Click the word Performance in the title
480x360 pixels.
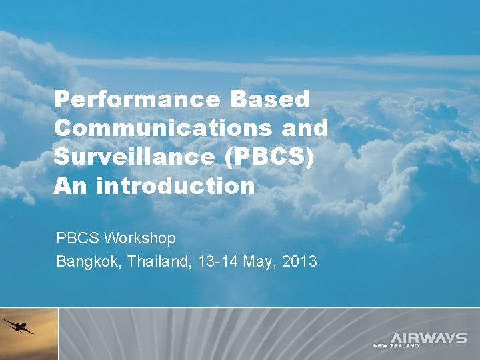pos(137,100)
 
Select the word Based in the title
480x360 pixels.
pos(270,100)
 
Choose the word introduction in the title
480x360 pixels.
pos(175,186)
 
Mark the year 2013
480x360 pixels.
pos(300,261)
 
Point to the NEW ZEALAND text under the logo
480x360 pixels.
pos(396,346)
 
